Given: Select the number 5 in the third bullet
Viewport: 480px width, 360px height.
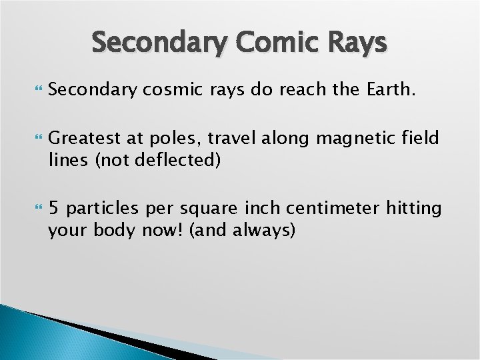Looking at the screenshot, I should click(x=53, y=209).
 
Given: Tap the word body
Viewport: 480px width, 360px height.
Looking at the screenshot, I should click(x=113, y=230).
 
